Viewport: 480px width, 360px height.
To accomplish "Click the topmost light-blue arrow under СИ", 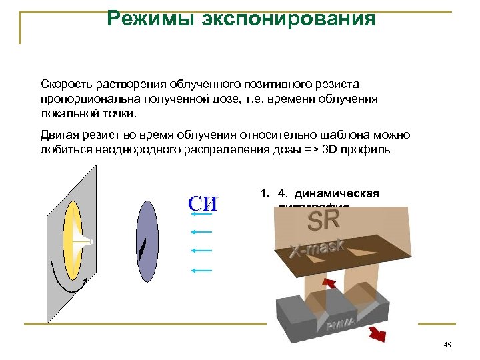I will tap(201, 213).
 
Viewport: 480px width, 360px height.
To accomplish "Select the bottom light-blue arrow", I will tap(201, 271).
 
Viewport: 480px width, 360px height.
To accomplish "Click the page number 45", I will tap(447, 344).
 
